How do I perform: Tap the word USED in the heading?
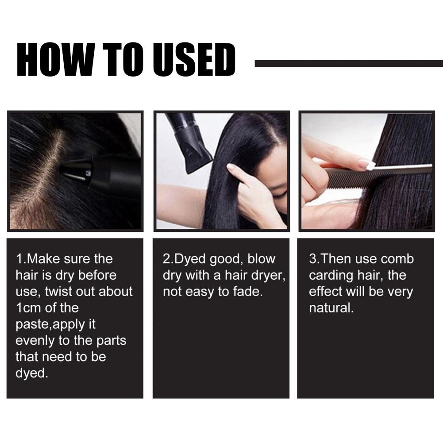tap(193, 60)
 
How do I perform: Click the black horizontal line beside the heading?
tap(349, 64)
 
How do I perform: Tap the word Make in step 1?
tap(43, 259)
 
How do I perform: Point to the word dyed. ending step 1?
tap(32, 374)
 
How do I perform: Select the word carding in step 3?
tap(329, 276)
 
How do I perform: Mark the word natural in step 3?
tap(331, 308)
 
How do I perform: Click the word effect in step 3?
tap(325, 291)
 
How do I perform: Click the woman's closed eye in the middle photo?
tap(278, 194)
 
